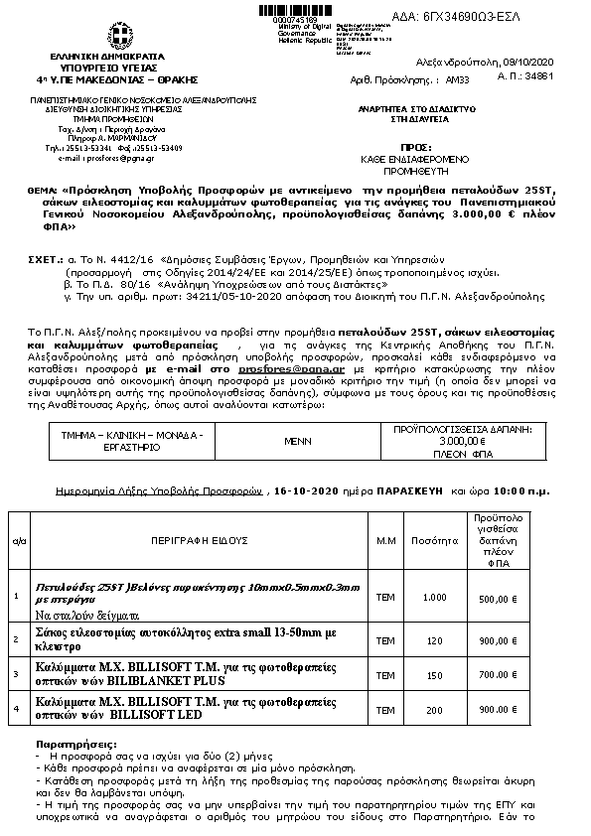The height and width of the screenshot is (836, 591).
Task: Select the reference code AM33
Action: [456, 75]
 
